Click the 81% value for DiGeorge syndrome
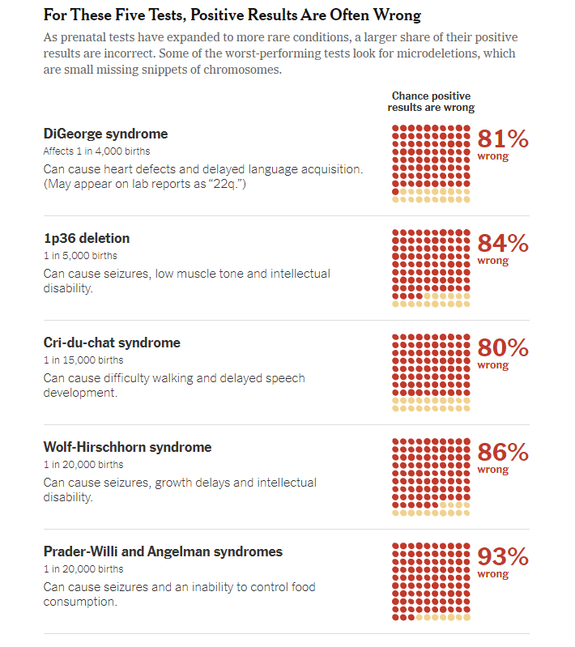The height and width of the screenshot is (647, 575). point(503,139)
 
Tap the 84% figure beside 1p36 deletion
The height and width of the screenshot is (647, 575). point(503,244)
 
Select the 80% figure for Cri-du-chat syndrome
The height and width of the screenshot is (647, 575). point(503,348)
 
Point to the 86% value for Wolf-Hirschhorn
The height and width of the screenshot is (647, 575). point(503,453)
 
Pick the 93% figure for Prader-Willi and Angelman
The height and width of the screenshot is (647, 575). point(503,557)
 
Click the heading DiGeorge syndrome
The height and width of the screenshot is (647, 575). point(105,134)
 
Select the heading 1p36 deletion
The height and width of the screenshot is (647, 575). point(86,238)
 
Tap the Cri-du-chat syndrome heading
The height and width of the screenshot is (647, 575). point(112,343)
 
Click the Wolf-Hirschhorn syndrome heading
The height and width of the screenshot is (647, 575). point(127,447)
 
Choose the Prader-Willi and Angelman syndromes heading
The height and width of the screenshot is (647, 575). point(163,551)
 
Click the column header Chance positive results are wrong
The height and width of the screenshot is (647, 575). point(431,102)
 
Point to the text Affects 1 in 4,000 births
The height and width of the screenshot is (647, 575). point(96,151)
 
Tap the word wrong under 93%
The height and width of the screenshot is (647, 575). point(493,574)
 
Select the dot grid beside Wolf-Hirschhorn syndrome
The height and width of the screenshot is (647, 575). point(431,477)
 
